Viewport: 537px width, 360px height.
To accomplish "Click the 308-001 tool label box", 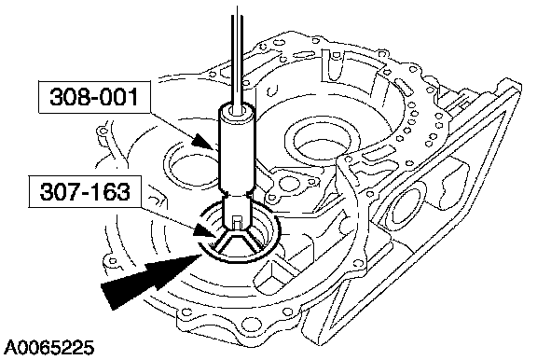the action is click(94, 97).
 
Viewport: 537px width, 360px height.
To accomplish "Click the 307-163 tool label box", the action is click(85, 191).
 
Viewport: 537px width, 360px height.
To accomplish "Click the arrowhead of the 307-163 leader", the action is click(205, 230).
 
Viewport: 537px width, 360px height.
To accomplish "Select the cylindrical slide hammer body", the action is click(237, 148).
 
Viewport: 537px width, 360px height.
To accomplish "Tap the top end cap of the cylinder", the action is click(237, 111).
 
